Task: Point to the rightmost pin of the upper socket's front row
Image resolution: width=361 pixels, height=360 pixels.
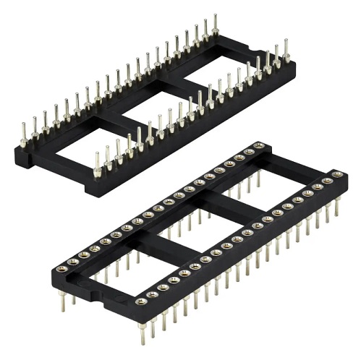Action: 285,53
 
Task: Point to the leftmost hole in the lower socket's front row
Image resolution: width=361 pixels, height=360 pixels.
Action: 140,301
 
